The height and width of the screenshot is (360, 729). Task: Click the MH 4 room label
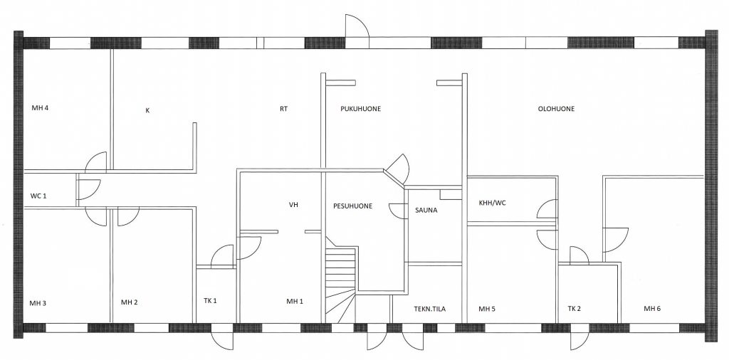41,108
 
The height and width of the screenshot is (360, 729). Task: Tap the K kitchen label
147,110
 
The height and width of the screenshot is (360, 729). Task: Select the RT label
283,109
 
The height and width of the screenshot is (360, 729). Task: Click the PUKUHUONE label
361,109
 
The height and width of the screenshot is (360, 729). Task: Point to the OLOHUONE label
556,109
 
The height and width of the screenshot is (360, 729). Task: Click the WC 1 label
38,196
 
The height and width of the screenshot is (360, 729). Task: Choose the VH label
293,204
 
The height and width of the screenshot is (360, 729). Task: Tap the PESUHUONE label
353,206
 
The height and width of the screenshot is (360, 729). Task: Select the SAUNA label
426,210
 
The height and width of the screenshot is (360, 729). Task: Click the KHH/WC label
493,203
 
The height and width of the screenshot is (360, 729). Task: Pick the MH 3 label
38,303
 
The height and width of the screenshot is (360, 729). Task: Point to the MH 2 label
130,302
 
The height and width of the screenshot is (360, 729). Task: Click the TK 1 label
210,300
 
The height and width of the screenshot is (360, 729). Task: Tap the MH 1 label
295,302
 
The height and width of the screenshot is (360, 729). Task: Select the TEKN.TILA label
429,308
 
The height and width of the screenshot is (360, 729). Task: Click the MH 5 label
487,308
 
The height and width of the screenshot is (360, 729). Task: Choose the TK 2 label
575,308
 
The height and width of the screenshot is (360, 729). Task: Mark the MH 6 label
652,308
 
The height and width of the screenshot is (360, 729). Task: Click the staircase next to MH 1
341,281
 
